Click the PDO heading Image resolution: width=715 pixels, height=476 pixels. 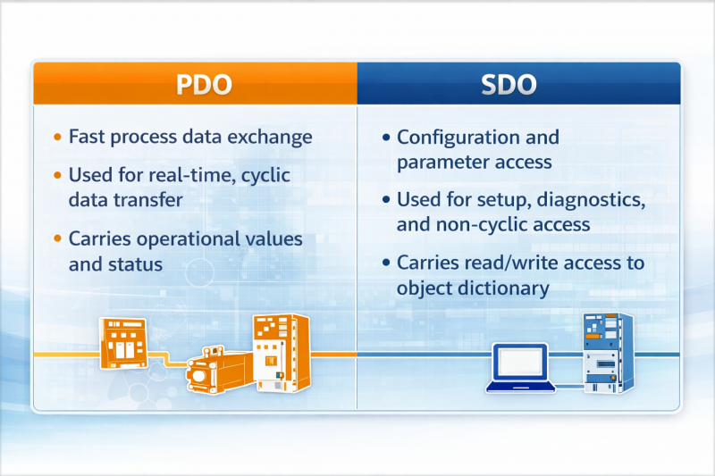[205, 85]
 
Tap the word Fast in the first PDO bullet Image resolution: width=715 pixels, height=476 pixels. [87, 138]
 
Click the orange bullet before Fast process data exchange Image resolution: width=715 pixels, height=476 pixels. [57, 138]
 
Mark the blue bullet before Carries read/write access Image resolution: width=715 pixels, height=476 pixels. [385, 263]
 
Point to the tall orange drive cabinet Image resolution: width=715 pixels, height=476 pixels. [280, 353]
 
